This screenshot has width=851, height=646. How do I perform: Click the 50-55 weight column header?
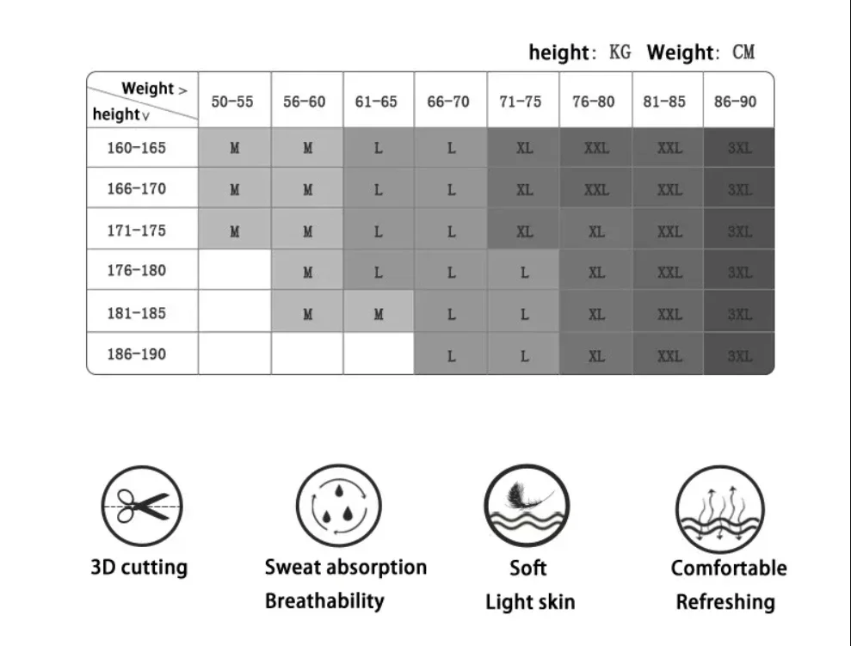click(x=232, y=102)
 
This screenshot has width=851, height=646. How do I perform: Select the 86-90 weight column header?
click(x=736, y=102)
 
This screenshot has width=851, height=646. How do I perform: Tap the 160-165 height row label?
click(x=136, y=148)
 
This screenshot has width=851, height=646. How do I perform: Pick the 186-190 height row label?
click(x=136, y=354)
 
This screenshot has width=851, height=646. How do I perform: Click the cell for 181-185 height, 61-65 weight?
click(x=379, y=314)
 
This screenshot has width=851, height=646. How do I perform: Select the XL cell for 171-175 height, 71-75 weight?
click(x=524, y=231)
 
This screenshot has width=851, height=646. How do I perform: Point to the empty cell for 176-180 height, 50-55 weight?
click(x=235, y=271)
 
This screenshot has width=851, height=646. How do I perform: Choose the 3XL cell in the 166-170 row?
click(x=739, y=189)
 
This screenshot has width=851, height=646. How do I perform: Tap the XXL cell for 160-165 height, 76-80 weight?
click(x=596, y=148)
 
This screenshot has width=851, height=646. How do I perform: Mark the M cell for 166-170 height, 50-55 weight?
click(x=235, y=189)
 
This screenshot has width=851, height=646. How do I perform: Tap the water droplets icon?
click(x=338, y=506)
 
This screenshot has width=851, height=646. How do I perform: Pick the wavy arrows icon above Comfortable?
click(x=719, y=508)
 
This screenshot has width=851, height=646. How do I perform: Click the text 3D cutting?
click(x=139, y=568)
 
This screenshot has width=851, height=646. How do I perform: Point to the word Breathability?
click(x=324, y=600)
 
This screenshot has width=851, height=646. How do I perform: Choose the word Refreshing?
click(x=725, y=602)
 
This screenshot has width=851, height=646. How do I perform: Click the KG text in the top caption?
click(x=620, y=52)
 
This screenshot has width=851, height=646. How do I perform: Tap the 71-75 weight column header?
click(x=521, y=102)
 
